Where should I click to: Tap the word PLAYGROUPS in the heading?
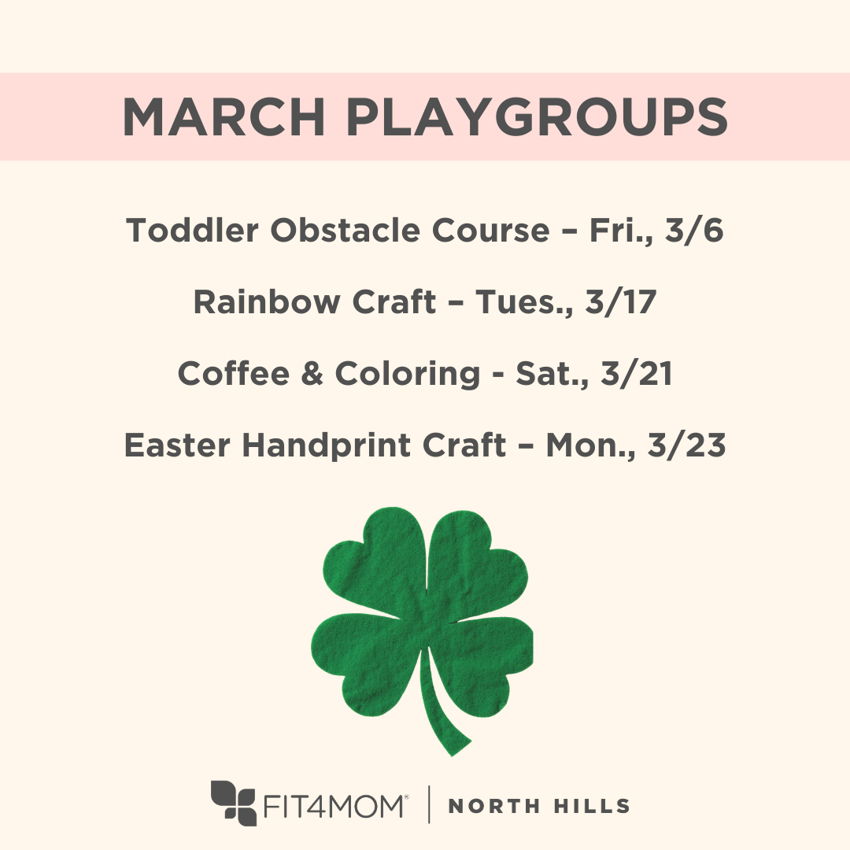[x=537, y=116]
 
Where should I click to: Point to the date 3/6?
[x=695, y=230]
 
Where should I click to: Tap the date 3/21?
[x=636, y=374]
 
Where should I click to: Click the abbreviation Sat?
[x=548, y=374]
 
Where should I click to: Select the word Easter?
[x=178, y=445]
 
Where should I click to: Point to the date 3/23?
[x=686, y=445]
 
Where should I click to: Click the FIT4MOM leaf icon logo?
[x=235, y=803]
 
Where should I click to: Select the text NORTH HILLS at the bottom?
[x=539, y=806]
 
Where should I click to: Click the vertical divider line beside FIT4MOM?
[x=429, y=804]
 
